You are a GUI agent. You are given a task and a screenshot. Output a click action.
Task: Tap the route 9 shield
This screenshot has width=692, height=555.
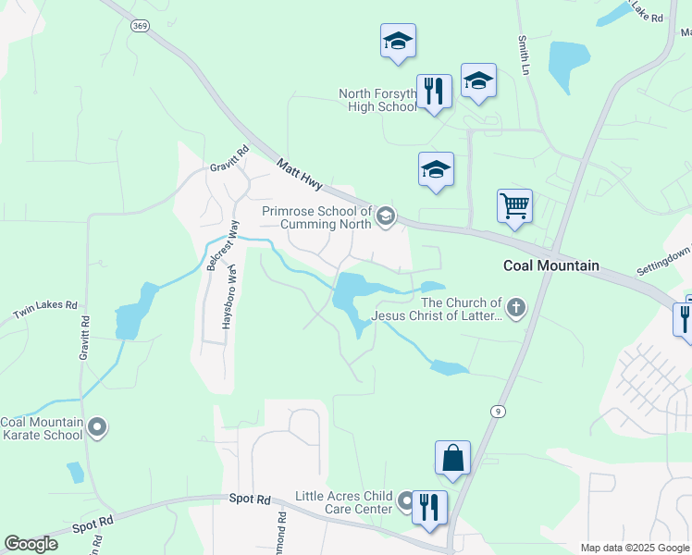click(499, 411)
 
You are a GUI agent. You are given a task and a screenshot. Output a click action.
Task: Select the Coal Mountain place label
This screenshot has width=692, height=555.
click(550, 265)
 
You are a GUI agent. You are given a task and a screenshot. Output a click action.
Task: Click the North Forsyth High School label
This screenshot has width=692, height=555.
click(377, 101)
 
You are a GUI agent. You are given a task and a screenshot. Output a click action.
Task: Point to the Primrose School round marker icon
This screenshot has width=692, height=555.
click(385, 216)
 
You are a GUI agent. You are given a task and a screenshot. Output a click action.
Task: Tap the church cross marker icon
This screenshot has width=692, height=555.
click(516, 308)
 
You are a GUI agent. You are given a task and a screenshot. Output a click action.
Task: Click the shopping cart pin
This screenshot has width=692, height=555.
click(514, 206)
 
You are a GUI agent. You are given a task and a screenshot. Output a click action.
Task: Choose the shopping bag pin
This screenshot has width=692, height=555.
click(452, 458)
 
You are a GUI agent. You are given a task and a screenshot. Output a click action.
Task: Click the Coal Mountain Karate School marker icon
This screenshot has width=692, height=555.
click(98, 428)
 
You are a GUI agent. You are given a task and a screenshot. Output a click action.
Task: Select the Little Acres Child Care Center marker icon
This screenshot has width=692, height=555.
click(406, 503)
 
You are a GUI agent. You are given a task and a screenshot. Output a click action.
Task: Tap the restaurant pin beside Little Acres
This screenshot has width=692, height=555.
click(429, 508)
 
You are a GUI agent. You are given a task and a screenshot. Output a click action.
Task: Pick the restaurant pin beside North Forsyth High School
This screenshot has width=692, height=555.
click(433, 92)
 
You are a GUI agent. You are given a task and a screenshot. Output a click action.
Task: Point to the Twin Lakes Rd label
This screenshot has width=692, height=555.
click(44, 310)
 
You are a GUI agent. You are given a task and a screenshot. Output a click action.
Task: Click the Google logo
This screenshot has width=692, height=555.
click(31, 544)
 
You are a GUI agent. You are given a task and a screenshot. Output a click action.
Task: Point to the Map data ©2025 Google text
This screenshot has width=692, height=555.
click(634, 548)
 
